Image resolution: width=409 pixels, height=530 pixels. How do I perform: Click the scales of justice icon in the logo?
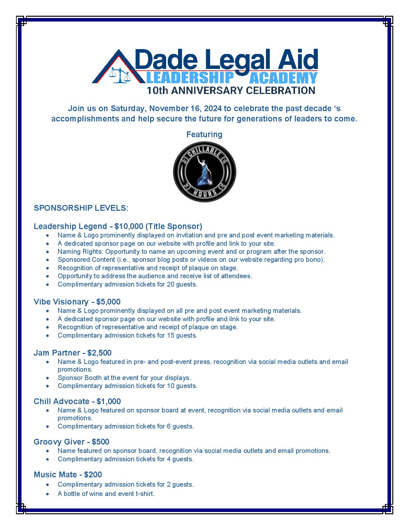point(118,75)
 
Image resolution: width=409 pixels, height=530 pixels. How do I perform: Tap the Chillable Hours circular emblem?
point(205,172)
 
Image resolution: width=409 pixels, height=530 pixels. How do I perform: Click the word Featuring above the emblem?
point(204,134)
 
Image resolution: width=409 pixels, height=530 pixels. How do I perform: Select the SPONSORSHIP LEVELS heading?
point(81,208)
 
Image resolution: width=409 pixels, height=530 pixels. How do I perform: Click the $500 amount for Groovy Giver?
point(100,442)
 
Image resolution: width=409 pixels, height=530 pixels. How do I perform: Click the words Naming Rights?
point(80,252)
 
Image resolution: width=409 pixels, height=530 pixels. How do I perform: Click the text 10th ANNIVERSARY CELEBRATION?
point(231,90)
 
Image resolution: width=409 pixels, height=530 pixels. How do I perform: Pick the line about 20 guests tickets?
point(127,284)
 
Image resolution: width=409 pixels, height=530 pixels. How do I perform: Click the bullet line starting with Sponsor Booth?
point(124,378)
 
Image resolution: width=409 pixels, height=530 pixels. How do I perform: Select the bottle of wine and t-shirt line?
point(106,494)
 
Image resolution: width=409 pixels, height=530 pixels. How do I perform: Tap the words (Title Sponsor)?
point(174,226)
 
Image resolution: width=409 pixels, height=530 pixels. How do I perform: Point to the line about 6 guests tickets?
point(125,426)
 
